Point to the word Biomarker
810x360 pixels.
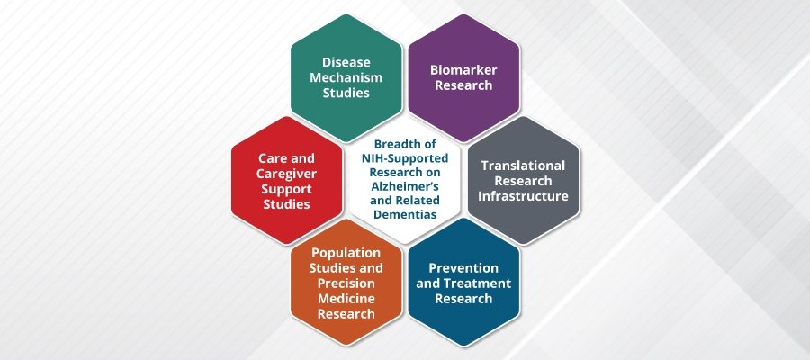pyautogui.click(x=462, y=69)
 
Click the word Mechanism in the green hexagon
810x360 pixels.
pyautogui.click(x=346, y=77)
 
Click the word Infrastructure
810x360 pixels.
pyautogui.click(x=525, y=196)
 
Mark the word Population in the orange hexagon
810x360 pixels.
pyautogui.click(x=346, y=253)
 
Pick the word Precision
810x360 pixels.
pyautogui.click(x=346, y=283)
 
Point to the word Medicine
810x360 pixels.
pyautogui.click(x=346, y=299)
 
